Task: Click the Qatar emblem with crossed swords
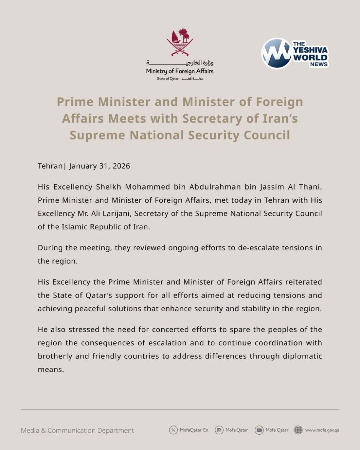[x=180, y=43]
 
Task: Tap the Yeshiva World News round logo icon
[x=277, y=53]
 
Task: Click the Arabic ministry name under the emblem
[x=180, y=63]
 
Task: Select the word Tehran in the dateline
[x=50, y=166]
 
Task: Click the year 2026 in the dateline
[x=121, y=166]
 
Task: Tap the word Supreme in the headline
[x=97, y=135]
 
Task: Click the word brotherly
[x=55, y=356]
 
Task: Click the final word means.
[x=50, y=369]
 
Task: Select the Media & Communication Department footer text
[x=77, y=430]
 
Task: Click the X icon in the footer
[x=173, y=430]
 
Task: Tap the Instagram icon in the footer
[x=219, y=430]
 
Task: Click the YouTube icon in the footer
[x=259, y=430]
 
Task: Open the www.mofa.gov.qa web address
[x=322, y=430]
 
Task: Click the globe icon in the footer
[x=298, y=430]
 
